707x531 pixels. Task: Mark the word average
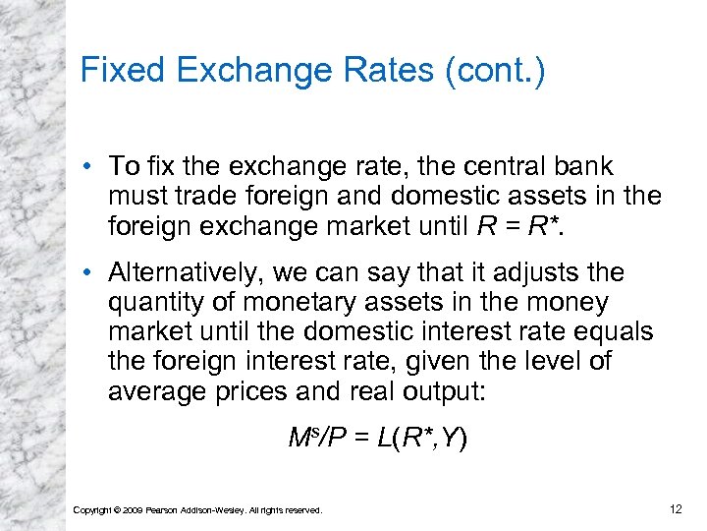click(158, 390)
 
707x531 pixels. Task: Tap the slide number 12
click(674, 507)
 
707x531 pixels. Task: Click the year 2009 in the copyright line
click(130, 509)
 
